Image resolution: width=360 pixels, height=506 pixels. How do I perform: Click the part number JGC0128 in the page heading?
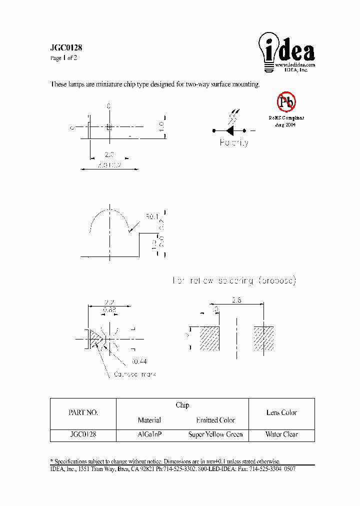point(66,48)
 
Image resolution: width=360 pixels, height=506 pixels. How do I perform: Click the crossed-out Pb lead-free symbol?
point(286,102)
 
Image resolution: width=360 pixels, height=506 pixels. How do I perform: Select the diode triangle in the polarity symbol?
point(230,130)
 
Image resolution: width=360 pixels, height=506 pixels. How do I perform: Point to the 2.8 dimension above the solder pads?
point(237,300)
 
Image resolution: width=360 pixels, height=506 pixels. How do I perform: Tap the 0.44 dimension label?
point(139,361)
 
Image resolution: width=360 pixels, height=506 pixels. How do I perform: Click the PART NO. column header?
point(83,413)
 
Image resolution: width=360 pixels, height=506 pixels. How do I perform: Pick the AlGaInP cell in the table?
point(149,434)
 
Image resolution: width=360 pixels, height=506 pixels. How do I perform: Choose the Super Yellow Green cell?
point(215,434)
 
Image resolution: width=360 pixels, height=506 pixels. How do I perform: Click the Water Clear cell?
point(281,434)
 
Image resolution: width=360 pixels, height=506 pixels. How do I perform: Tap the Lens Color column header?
point(281,413)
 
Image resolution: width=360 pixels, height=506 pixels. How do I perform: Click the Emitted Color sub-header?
point(215,420)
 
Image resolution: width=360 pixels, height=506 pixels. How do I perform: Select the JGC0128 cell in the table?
point(83,434)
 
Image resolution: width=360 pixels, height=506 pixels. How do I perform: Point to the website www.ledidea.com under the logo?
point(295,65)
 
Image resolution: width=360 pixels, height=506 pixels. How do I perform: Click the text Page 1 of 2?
point(63,58)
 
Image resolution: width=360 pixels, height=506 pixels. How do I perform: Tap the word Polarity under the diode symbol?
point(234,143)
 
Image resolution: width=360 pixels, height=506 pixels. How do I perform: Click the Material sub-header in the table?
point(149,420)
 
